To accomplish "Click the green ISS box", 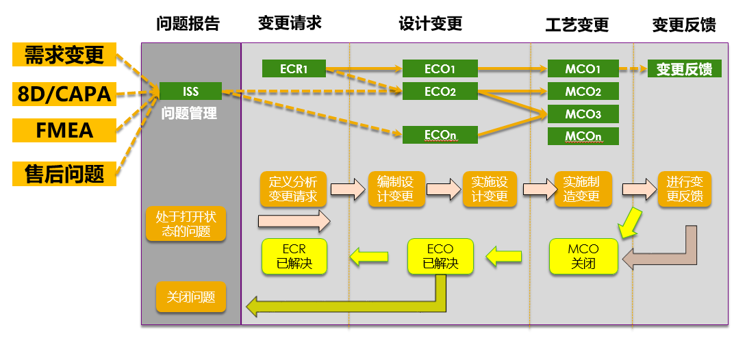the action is (x=190, y=91).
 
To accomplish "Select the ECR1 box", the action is (x=294, y=69).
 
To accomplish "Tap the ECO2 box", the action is (x=440, y=91).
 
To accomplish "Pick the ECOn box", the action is (x=440, y=135).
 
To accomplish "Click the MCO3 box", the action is (x=583, y=114).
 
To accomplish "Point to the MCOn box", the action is (x=583, y=136).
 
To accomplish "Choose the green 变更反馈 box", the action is (x=685, y=69).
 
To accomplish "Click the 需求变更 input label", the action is (x=64, y=55).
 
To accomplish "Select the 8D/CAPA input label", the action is (x=64, y=94).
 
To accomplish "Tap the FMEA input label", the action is (x=64, y=130).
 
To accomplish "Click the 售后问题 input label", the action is (x=64, y=174).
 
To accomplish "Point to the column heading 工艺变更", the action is (x=577, y=25).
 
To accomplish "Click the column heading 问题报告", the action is (x=188, y=23).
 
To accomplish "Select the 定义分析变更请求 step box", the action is (x=294, y=189).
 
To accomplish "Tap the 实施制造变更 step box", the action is (x=583, y=189).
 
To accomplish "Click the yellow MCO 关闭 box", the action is (x=583, y=256).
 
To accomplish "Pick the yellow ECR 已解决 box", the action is (x=294, y=256).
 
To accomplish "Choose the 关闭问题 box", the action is (x=191, y=297).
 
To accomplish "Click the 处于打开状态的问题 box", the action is (x=186, y=224).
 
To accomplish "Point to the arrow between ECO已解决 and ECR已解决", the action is (x=369, y=257).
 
